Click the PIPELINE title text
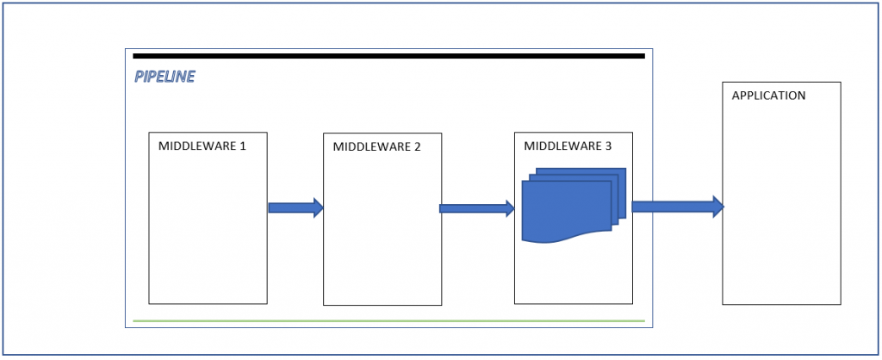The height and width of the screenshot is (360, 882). (165, 77)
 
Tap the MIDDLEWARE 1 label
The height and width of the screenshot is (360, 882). (202, 146)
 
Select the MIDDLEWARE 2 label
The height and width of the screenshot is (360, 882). (376, 146)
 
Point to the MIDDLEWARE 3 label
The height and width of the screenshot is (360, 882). (568, 146)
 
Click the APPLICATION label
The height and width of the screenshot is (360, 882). (768, 96)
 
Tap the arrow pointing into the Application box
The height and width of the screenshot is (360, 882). (677, 207)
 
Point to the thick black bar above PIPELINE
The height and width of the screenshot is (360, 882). (388, 56)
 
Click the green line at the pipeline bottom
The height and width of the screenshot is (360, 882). (388, 320)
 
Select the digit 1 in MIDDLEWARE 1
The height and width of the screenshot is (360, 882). (243, 146)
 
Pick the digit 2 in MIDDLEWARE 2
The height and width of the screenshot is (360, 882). (417, 146)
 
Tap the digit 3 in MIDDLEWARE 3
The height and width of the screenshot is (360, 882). (608, 146)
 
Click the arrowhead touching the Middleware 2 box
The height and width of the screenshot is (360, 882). (318, 208)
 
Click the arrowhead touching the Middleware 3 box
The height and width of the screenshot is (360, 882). (508, 208)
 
